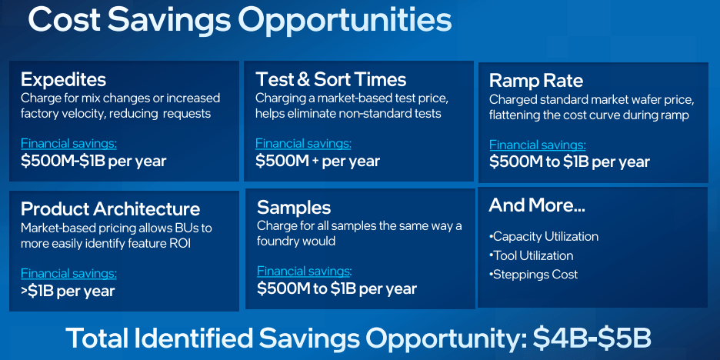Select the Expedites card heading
pyautogui.click(x=63, y=80)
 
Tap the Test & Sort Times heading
pyautogui.click(x=331, y=79)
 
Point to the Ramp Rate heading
pyautogui.click(x=536, y=81)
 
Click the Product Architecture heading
pyautogui.click(x=110, y=209)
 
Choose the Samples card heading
pyautogui.click(x=294, y=208)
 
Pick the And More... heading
pyautogui.click(x=537, y=205)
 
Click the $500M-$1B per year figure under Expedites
pyautogui.click(x=93, y=162)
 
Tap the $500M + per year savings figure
pyautogui.click(x=318, y=161)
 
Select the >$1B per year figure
pyautogui.click(x=68, y=290)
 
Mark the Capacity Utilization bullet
pyautogui.click(x=544, y=237)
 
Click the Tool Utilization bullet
pyautogui.click(x=532, y=255)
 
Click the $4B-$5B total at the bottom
pyautogui.click(x=592, y=338)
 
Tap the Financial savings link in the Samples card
pyautogui.click(x=305, y=271)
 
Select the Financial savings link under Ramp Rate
pyautogui.click(x=537, y=145)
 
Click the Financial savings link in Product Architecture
pyautogui.click(x=68, y=274)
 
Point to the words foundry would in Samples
pyautogui.click(x=296, y=241)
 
